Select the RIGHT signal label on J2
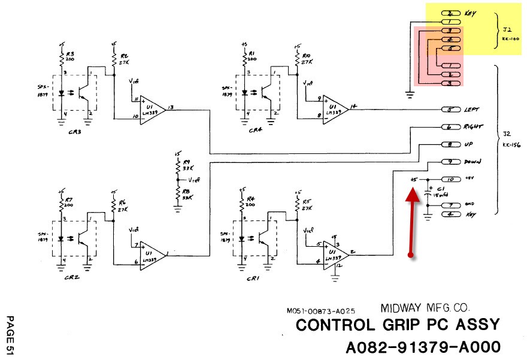[x=474, y=127]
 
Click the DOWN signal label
[x=473, y=162]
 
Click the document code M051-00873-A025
[x=321, y=311]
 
